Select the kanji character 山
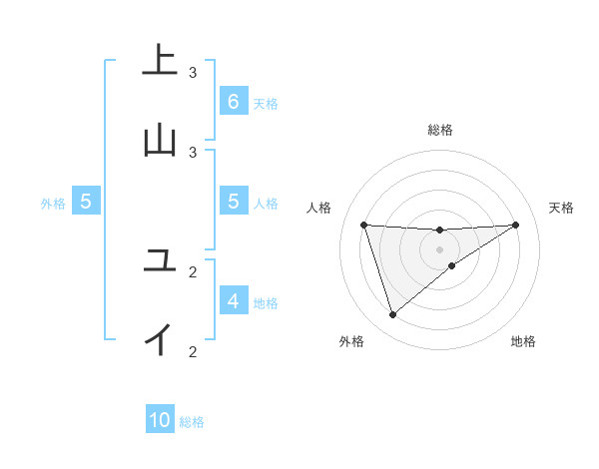(x=159, y=139)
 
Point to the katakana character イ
(x=159, y=339)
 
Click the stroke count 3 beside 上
(x=193, y=73)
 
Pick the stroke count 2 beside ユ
(x=193, y=271)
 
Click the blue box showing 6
(x=233, y=102)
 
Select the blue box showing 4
(x=233, y=300)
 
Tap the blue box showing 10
(x=161, y=420)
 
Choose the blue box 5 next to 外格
(x=86, y=202)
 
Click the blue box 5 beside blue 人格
(x=233, y=202)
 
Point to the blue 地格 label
(x=266, y=303)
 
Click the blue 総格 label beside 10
(x=192, y=423)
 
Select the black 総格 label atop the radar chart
(x=439, y=130)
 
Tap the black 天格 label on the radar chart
(x=561, y=208)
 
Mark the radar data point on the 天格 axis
(x=515, y=225)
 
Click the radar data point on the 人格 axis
(x=363, y=225)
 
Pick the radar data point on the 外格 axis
(x=392, y=314)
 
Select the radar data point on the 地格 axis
(x=452, y=265)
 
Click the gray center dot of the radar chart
(x=439, y=248)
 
